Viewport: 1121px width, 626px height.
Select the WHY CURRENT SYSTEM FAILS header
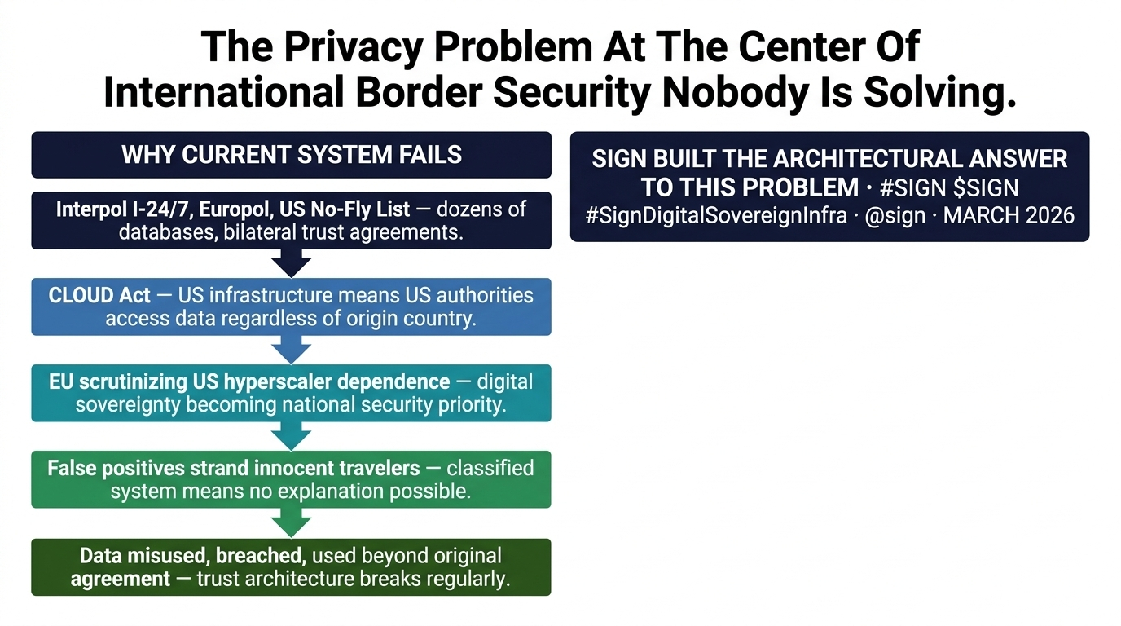(x=291, y=155)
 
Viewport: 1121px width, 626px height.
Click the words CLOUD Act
(x=99, y=295)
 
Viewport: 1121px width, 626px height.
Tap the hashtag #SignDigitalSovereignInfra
(x=715, y=215)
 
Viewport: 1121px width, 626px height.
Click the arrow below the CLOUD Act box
(x=291, y=349)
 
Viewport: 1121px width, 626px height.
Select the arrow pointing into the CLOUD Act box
(x=291, y=262)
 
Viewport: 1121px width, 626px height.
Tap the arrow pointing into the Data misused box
(x=291, y=522)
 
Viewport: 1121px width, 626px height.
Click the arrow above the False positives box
(x=291, y=436)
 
